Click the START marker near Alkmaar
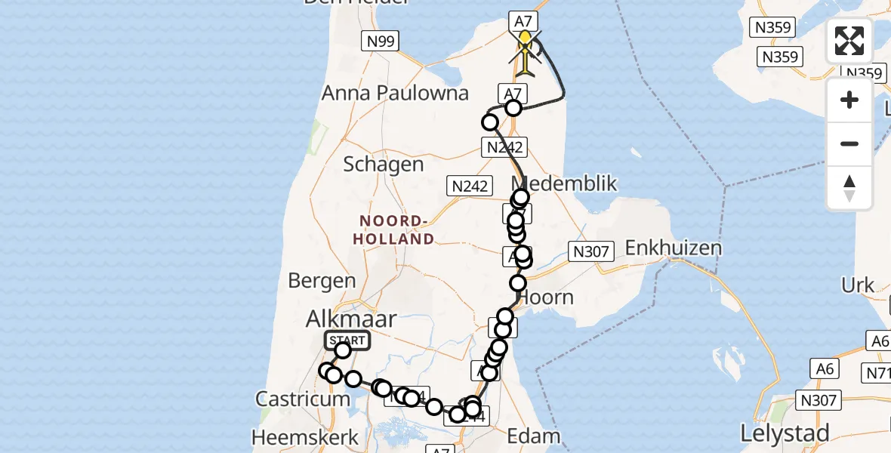tap(347, 341)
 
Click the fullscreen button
tap(849, 41)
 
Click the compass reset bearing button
tap(849, 188)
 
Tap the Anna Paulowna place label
tap(395, 94)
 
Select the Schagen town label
tap(383, 165)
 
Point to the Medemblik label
tap(564, 183)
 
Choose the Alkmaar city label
tap(350, 319)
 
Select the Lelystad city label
tap(785, 433)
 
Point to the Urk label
tap(859, 285)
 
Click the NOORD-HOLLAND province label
tap(396, 230)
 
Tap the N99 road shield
tap(381, 42)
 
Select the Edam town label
tap(533, 436)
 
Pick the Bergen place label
tap(322, 281)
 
